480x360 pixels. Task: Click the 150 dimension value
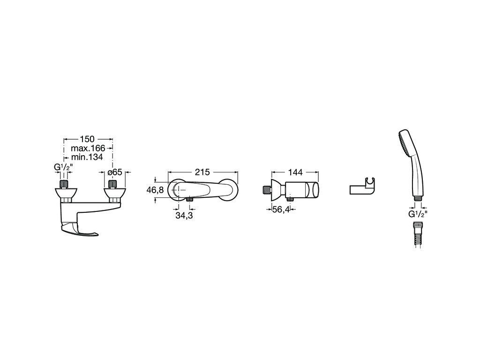point(87,139)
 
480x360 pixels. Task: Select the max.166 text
point(88,148)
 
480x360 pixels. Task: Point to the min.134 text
point(87,157)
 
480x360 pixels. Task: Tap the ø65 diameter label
point(115,172)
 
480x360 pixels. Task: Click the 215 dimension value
point(202,172)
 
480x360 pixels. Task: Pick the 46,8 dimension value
point(155,190)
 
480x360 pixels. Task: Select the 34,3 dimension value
point(184,215)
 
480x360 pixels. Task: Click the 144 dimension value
point(295,172)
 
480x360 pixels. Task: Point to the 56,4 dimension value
point(281,210)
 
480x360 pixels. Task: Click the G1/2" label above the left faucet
point(63,167)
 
